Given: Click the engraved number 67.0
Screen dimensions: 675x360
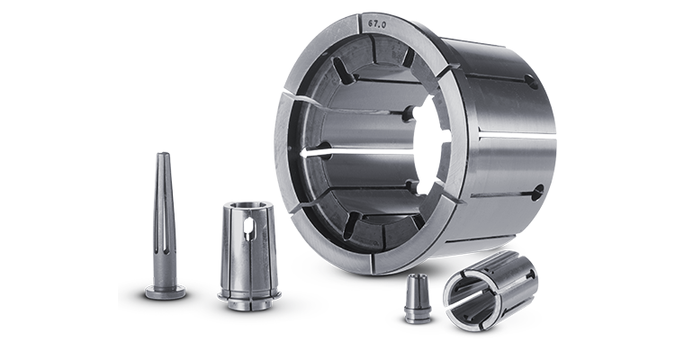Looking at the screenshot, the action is pyautogui.click(x=377, y=24).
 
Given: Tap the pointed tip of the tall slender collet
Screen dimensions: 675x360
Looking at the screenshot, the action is pyautogui.click(x=163, y=153).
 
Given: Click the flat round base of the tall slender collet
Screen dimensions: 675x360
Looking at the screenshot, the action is pyautogui.click(x=166, y=292).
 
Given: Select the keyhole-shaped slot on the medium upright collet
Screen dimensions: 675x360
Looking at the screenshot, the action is pyautogui.click(x=248, y=229).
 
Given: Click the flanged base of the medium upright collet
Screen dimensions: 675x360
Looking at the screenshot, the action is pyautogui.click(x=249, y=298).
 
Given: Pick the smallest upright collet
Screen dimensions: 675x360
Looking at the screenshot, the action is pyautogui.click(x=418, y=299).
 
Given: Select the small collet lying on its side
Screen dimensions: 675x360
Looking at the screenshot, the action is pyautogui.click(x=490, y=291).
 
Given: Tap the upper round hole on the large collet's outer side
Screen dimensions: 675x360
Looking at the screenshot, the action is pyautogui.click(x=532, y=81).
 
